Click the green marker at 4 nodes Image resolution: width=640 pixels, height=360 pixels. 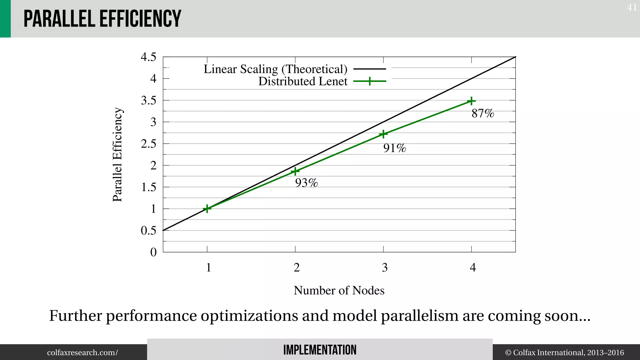pos(471,101)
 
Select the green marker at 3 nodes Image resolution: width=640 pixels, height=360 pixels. pos(383,134)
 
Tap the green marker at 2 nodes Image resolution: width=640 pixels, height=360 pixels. pos(295,171)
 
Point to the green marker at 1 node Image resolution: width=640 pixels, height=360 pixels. pos(207,208)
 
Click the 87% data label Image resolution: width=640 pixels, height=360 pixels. pos(483,113)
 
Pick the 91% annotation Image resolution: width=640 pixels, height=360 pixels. pos(394,148)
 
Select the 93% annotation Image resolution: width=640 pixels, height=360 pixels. pos(306,183)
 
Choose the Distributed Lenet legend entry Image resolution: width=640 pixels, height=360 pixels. pos(303,81)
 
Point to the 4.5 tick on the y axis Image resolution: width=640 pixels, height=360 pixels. pos(148,57)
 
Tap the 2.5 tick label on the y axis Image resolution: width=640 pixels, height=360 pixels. pos(148,144)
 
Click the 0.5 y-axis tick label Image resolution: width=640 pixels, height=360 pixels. pos(148,231)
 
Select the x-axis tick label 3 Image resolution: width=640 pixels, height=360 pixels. pos(385,267)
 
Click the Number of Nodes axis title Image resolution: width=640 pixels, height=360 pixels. pos(339,291)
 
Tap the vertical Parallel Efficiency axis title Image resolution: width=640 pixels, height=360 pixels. pos(117,155)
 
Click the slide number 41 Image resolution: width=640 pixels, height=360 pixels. pos(632,7)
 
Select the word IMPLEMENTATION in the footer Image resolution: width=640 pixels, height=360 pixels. pos(320,350)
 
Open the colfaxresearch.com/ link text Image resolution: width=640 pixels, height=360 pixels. pos(82,353)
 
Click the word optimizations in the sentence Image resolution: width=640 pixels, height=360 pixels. pos(249,316)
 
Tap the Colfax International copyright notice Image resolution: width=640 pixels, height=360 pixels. pos(564,353)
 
